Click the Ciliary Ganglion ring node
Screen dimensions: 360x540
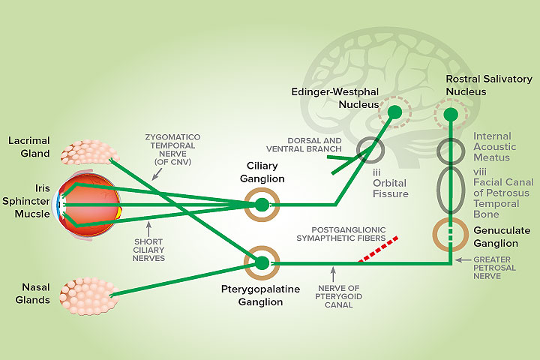262,204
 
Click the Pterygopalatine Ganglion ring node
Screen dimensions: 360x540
262,262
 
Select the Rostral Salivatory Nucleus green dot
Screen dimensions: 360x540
451,115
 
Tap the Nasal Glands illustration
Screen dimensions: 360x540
88,294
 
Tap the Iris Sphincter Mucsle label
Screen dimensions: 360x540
28,202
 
